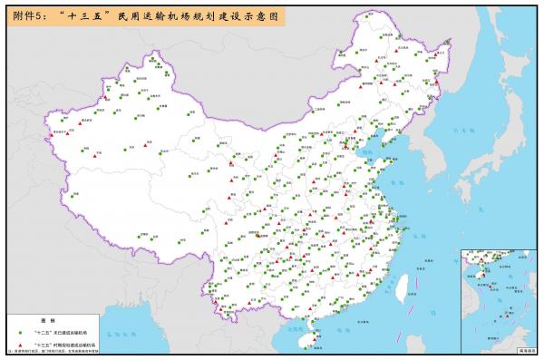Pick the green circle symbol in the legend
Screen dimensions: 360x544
pos(19,333)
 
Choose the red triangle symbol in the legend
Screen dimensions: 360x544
pos(19,345)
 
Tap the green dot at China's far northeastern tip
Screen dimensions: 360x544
pos(447,54)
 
